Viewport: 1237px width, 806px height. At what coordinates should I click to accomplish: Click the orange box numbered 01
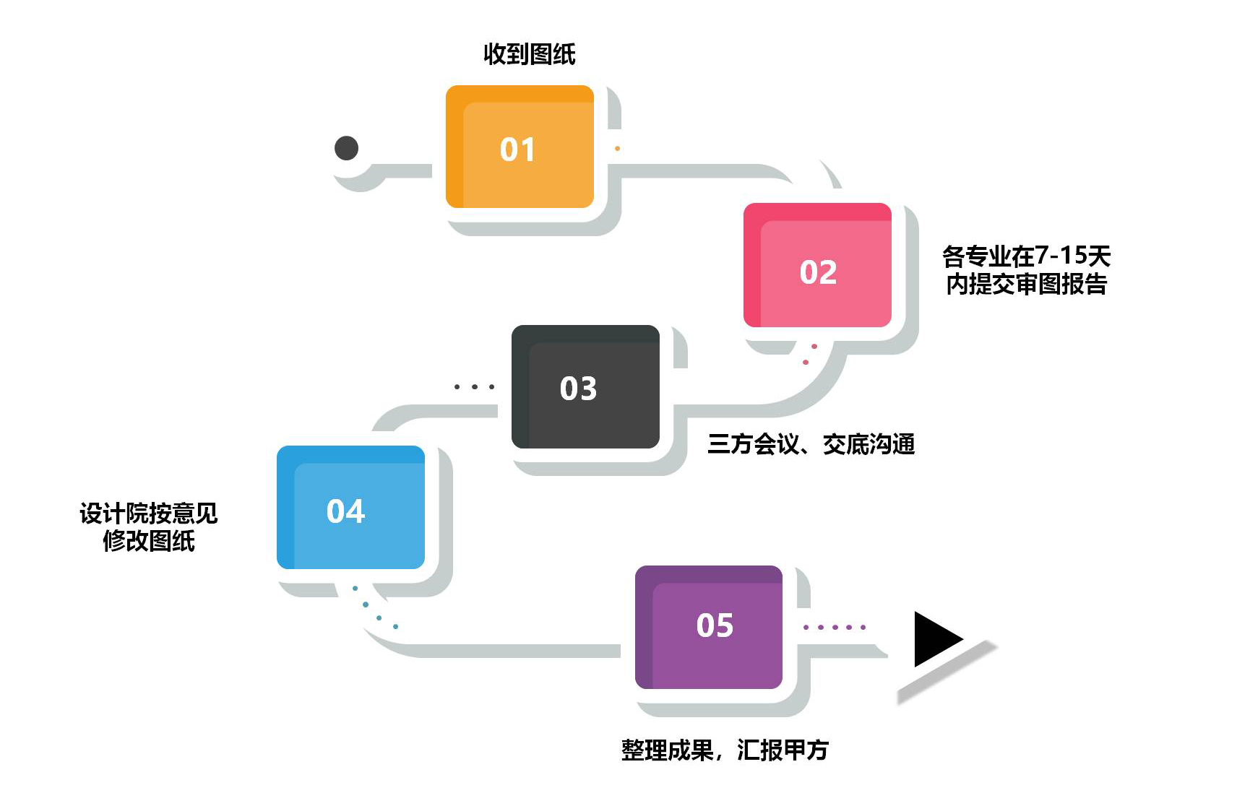(x=520, y=147)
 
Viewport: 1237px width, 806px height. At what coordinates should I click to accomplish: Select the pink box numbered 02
(x=817, y=265)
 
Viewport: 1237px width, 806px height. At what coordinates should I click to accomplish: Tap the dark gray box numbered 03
(x=585, y=386)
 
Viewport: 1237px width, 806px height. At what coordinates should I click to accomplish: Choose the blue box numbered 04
(x=350, y=507)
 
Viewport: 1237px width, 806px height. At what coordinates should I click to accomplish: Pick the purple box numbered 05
(x=708, y=627)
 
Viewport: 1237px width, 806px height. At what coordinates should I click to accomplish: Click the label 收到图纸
(x=529, y=54)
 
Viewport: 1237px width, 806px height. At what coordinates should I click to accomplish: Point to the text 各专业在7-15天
(x=1026, y=256)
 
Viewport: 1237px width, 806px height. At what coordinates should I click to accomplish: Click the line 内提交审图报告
(x=1026, y=284)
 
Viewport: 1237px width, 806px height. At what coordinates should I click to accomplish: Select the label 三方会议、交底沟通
(x=811, y=443)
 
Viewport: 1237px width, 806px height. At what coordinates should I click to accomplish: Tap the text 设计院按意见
(x=148, y=513)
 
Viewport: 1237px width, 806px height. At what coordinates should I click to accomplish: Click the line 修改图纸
(x=148, y=540)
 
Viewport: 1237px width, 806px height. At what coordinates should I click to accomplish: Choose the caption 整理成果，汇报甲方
(x=725, y=750)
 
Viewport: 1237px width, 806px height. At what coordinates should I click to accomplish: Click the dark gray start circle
(x=347, y=148)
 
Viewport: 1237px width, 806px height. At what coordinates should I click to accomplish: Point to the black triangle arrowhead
(x=936, y=639)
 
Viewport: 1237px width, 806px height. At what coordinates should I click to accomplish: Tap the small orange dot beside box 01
(x=617, y=149)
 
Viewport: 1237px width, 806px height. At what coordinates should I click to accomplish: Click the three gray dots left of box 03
(x=474, y=387)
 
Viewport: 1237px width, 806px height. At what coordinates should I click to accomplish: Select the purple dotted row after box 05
(x=835, y=627)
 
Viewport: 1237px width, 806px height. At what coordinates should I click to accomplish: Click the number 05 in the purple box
(x=715, y=625)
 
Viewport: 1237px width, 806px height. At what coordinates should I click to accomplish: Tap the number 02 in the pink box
(x=818, y=272)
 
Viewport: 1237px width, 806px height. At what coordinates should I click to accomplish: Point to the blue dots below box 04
(x=374, y=609)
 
